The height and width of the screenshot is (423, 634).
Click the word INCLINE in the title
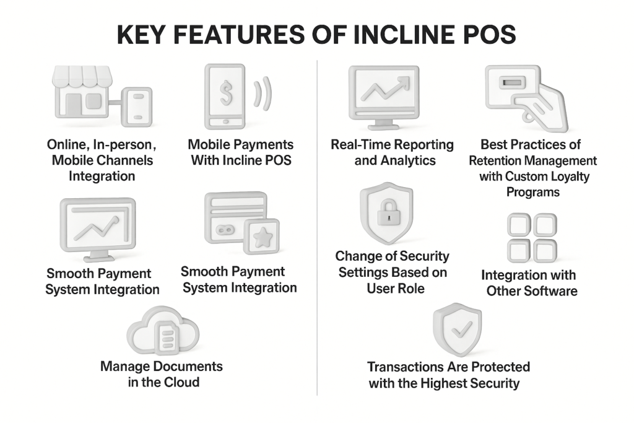(x=404, y=35)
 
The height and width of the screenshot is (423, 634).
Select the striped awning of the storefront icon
(x=82, y=76)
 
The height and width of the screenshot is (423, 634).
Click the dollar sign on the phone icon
(x=226, y=93)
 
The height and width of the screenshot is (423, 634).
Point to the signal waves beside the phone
(x=263, y=94)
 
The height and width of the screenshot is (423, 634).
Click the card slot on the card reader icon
(x=512, y=83)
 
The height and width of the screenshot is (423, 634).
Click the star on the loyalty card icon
(x=262, y=237)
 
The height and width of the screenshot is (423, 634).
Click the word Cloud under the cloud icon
(x=181, y=382)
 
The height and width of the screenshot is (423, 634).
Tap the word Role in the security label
(x=412, y=289)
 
